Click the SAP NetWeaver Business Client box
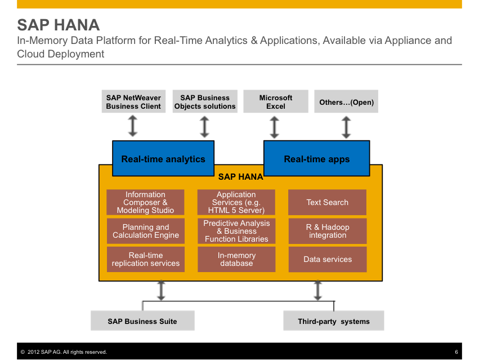pyautogui.click(x=133, y=102)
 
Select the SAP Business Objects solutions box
pyautogui.click(x=205, y=102)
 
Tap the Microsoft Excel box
pyautogui.click(x=276, y=102)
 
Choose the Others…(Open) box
pyautogui.click(x=346, y=102)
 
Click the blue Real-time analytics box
pyautogui.click(x=163, y=159)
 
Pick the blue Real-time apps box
pyautogui.click(x=317, y=159)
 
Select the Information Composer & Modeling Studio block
pyautogui.click(x=145, y=202)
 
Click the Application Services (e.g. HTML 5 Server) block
pyautogui.click(x=236, y=202)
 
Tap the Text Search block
pyautogui.click(x=327, y=202)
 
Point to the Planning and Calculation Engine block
pyautogui.click(x=145, y=231)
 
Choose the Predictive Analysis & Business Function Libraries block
pyautogui.click(x=236, y=231)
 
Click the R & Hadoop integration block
pyautogui.click(x=327, y=231)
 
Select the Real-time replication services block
pyautogui.click(x=145, y=259)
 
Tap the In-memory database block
pyautogui.click(x=236, y=259)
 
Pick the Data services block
pyautogui.click(x=327, y=259)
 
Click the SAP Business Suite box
pyautogui.click(x=142, y=321)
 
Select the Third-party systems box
pyautogui.click(x=334, y=321)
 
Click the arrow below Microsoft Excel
pyautogui.click(x=275, y=127)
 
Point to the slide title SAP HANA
pyautogui.click(x=59, y=25)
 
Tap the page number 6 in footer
pyautogui.click(x=456, y=352)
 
